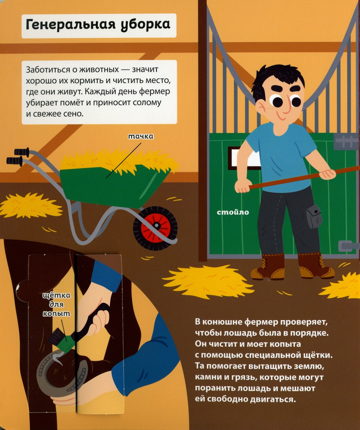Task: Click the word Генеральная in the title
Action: [x=71, y=25]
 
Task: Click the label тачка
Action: [x=141, y=136]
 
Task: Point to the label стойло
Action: [x=233, y=212]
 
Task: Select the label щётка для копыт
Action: [x=56, y=305]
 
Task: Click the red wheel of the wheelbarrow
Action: [x=156, y=228]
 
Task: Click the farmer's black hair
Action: [x=277, y=78]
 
